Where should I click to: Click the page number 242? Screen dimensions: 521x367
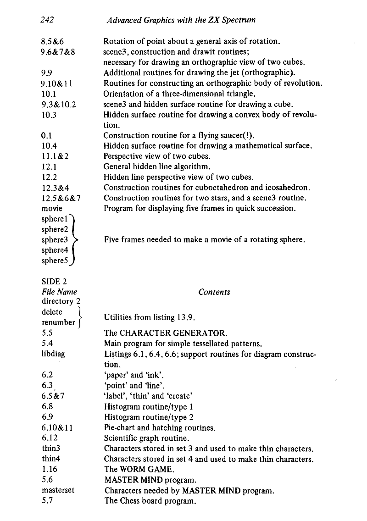(x=48, y=20)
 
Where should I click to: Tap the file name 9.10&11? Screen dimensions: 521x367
(x=57, y=83)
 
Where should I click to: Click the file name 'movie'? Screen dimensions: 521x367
(x=51, y=209)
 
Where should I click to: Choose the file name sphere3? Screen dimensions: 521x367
(x=55, y=240)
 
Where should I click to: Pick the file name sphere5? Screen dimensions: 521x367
(x=55, y=260)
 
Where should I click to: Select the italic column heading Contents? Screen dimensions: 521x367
(x=214, y=292)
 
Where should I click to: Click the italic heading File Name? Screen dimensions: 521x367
(x=59, y=292)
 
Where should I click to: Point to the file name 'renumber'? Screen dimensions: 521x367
(x=58, y=322)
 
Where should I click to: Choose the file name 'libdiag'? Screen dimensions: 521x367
(x=53, y=354)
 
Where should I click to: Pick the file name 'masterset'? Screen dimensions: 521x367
(x=58, y=490)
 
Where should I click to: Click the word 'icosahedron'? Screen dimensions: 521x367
(x=289, y=188)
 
